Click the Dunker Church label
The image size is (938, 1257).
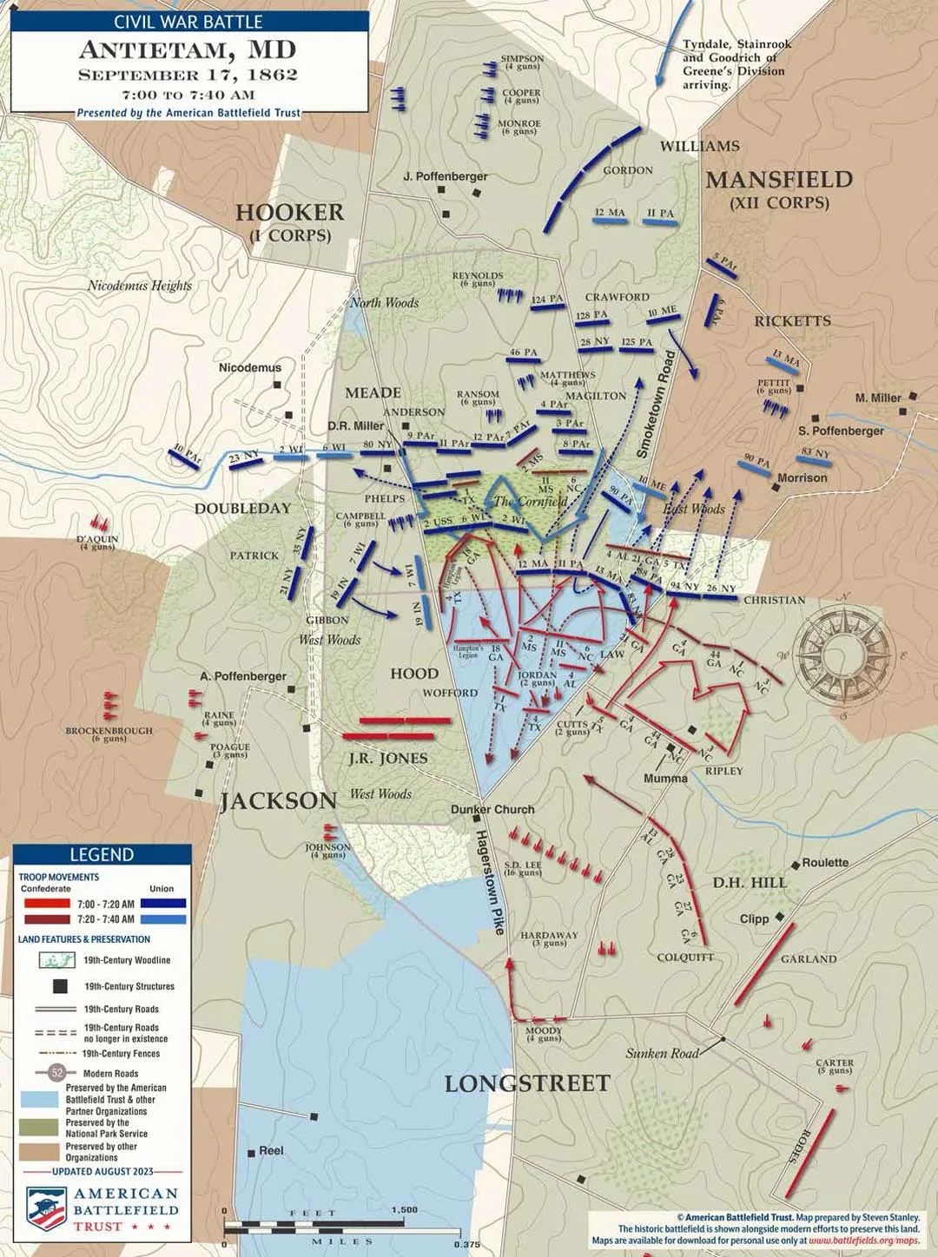[x=492, y=809]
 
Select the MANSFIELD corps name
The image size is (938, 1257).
[x=778, y=180]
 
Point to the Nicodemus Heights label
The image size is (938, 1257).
[x=139, y=286]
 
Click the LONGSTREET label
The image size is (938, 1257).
[x=527, y=1083]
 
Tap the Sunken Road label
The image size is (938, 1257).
[x=662, y=1053]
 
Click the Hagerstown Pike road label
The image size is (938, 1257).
[x=489, y=882]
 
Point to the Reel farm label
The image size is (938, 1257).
[x=271, y=1150]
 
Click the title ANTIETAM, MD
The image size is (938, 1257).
[x=188, y=50]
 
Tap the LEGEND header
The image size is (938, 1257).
[x=102, y=854]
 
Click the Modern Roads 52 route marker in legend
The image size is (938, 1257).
[x=57, y=1073]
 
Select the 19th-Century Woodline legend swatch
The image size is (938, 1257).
[x=57, y=960]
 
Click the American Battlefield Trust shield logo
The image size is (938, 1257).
[x=46, y=1208]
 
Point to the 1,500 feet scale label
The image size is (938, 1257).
[x=404, y=1209]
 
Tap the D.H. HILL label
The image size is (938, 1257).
[x=749, y=883]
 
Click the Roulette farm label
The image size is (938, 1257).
[x=824, y=862]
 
